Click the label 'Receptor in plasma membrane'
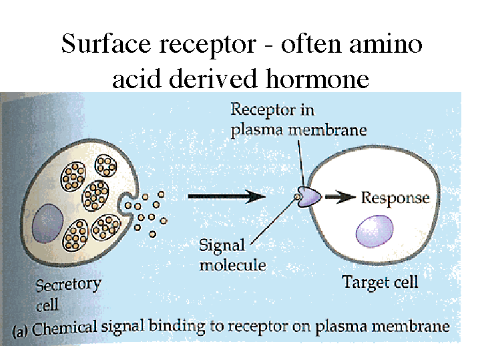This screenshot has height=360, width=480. [x=298, y=119]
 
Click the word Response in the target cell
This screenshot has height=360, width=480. [x=395, y=198]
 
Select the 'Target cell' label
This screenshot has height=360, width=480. [x=380, y=283]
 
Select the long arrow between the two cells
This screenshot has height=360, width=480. [x=228, y=196]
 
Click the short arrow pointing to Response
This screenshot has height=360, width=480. [x=342, y=197]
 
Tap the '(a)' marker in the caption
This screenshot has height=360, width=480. [x=20, y=329]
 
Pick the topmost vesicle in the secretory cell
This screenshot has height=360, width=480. [x=106, y=166]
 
